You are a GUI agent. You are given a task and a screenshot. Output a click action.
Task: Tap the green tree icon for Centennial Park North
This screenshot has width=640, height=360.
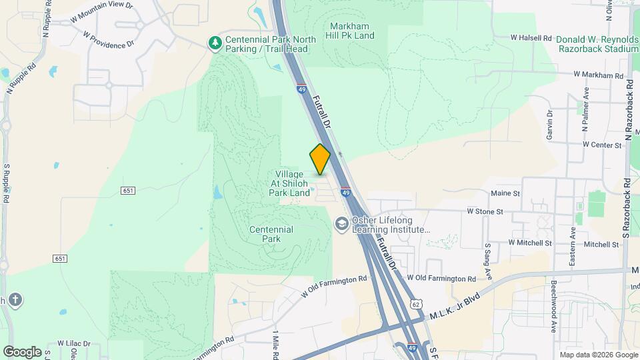(215, 44)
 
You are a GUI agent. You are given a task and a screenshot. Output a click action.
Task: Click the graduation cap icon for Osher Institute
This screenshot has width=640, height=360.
(342, 224)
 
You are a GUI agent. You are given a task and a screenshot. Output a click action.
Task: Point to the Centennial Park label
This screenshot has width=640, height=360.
(271, 234)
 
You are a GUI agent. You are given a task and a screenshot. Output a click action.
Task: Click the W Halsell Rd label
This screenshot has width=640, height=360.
(531, 38)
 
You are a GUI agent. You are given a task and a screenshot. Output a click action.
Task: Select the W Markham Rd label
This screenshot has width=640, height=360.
(602, 75)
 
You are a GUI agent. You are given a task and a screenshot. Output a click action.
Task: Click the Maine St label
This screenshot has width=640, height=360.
(505, 193)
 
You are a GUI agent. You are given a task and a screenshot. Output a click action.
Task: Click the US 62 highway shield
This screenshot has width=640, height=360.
(417, 304)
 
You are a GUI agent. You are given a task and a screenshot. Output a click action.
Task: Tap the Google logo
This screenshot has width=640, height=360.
(22, 351)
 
